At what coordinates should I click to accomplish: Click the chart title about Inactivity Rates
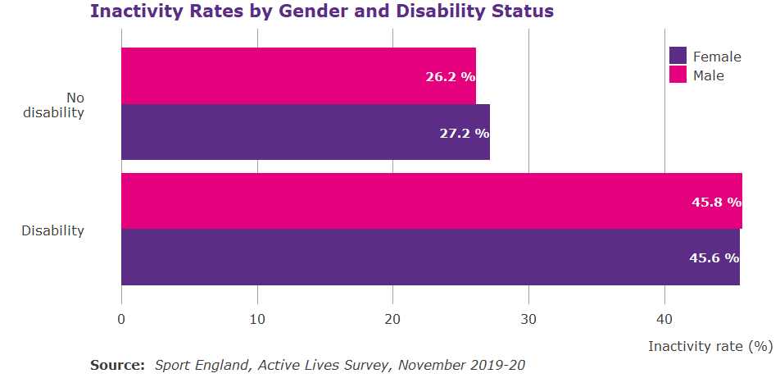(x=321, y=12)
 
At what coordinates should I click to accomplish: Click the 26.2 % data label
(x=450, y=76)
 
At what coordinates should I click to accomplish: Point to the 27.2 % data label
(x=464, y=133)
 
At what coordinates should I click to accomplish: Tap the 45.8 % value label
(x=715, y=202)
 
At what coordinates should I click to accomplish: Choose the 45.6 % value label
(x=714, y=257)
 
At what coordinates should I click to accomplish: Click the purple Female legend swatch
(x=678, y=56)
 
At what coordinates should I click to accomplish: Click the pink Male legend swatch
(x=678, y=75)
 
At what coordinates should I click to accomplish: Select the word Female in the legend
(x=717, y=57)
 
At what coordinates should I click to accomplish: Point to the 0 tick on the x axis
(x=121, y=319)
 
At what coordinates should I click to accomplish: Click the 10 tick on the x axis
(x=257, y=319)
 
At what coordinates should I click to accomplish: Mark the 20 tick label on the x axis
(x=392, y=319)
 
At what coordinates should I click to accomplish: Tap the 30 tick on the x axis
(x=528, y=319)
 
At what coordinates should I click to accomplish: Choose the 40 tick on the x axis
(x=664, y=319)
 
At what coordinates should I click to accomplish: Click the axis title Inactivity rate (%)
(x=710, y=346)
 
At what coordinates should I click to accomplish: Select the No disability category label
(x=53, y=105)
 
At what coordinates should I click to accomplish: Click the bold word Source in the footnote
(x=117, y=365)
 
